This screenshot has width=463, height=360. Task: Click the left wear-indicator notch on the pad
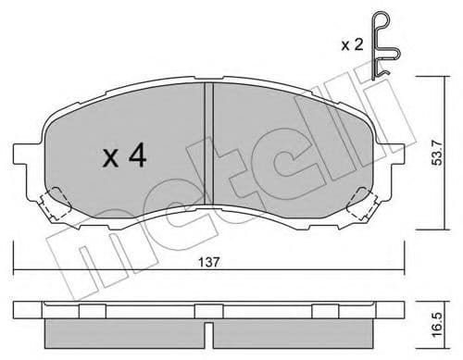[x=59, y=196]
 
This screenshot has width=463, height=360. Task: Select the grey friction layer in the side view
[x=209, y=329]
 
